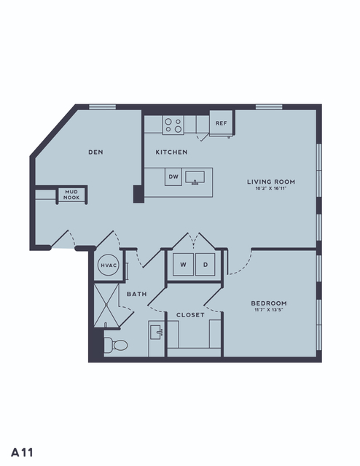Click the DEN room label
[95, 152]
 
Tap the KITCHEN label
[172, 152]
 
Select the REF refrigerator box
[222, 123]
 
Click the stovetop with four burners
[173, 125]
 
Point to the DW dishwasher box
[173, 176]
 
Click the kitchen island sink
[195, 177]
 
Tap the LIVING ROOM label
[271, 182]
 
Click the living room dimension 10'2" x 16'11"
[271, 188]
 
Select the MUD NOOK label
[71, 195]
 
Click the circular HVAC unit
[109, 265]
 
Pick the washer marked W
[183, 264]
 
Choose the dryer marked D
[206, 264]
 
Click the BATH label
[137, 294]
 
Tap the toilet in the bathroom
[116, 346]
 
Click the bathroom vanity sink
[157, 332]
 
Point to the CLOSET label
[190, 315]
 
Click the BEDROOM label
[269, 303]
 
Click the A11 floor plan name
[23, 453]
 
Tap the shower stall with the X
[106, 306]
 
